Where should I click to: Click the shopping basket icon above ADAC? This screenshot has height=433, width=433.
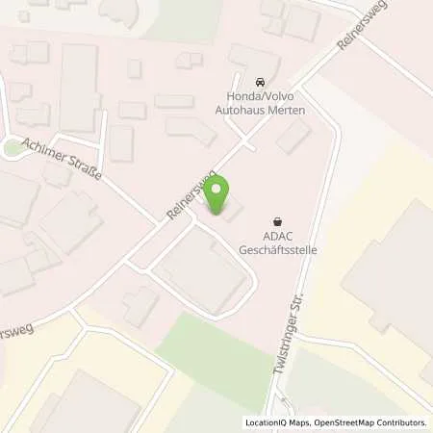(x=278, y=220)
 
